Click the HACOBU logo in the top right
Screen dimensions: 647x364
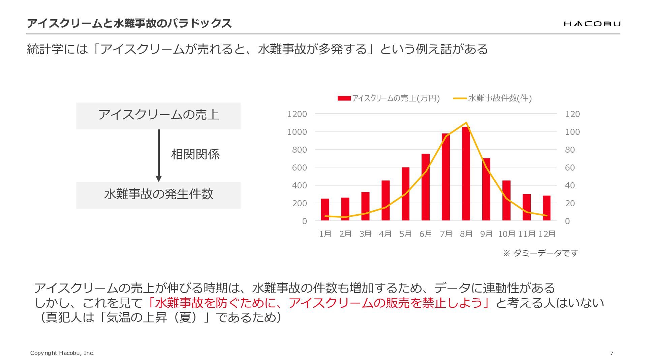(x=592, y=24)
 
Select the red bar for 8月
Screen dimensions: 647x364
(x=466, y=174)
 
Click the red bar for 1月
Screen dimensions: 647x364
(x=325, y=210)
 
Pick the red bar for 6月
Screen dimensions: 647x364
(x=426, y=187)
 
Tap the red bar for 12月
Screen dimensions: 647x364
(x=547, y=208)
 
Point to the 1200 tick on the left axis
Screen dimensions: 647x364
(x=297, y=114)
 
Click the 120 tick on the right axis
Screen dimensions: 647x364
(x=573, y=114)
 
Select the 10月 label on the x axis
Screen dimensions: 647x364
(x=506, y=234)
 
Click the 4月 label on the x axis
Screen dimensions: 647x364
(x=385, y=234)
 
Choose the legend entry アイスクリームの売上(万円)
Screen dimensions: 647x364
(x=389, y=98)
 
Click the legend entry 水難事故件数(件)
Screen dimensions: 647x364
(x=492, y=98)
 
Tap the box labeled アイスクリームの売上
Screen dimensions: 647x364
(x=158, y=116)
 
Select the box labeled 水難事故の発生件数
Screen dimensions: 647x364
(x=158, y=195)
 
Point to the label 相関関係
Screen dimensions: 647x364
(x=195, y=154)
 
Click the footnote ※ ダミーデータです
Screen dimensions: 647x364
(x=541, y=253)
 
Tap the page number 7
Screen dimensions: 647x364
(x=612, y=353)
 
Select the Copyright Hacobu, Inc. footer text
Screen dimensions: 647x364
(x=62, y=353)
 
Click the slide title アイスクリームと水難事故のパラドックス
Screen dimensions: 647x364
(x=129, y=23)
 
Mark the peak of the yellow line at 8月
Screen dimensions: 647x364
(x=466, y=122)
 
